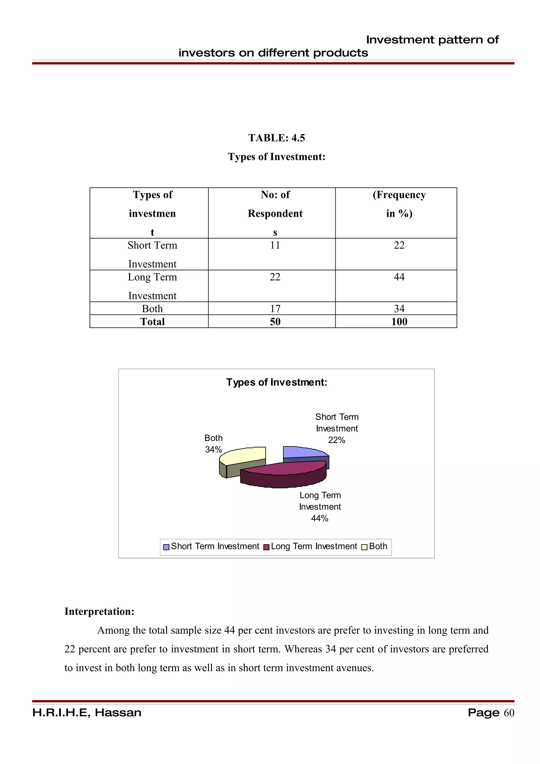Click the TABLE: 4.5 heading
(x=277, y=138)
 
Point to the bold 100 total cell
(x=399, y=321)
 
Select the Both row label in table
(x=152, y=308)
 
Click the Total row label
(x=152, y=321)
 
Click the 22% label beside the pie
(x=337, y=440)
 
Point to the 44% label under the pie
(x=320, y=518)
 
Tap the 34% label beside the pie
(x=213, y=449)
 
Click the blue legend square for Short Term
(x=166, y=547)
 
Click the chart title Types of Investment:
(x=277, y=382)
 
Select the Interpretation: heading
(x=99, y=611)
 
